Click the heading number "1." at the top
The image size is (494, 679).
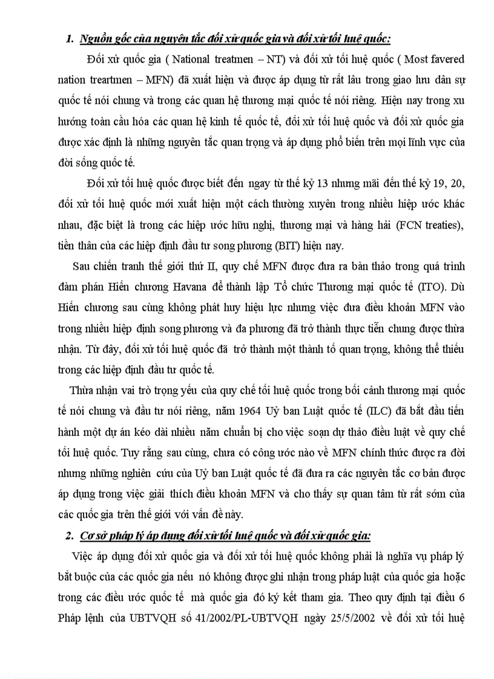70,39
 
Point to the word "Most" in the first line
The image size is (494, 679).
417,59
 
